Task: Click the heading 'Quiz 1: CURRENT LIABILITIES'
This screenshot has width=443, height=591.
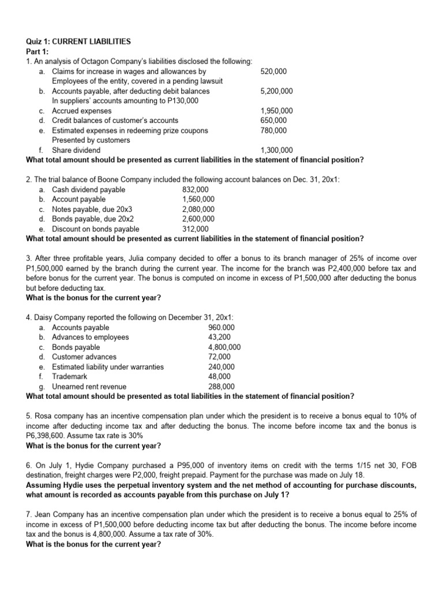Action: [79, 42]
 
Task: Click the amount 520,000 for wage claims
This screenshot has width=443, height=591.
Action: [273, 72]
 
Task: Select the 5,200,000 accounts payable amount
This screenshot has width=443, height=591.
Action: [276, 91]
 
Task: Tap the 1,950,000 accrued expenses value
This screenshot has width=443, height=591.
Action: [276, 111]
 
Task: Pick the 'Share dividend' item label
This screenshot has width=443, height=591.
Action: [76, 150]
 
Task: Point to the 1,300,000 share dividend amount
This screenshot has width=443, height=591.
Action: [276, 150]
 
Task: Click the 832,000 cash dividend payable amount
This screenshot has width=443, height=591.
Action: [195, 189]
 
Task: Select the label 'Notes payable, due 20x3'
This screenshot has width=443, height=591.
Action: [93, 209]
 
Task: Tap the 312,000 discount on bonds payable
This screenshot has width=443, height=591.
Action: [195, 229]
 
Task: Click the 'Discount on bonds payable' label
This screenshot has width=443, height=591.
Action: [96, 229]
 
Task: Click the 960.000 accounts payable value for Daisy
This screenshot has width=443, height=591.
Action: [221, 328]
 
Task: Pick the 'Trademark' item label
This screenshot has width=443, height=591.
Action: [70, 376]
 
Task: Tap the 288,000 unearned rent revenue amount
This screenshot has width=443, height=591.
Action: [221, 386]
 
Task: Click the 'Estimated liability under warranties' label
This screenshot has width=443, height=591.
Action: [108, 366]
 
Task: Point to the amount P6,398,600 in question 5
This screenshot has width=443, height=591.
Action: [48, 435]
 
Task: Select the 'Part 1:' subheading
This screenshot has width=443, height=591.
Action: [38, 51]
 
